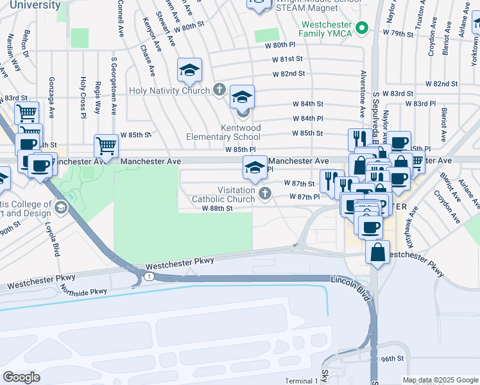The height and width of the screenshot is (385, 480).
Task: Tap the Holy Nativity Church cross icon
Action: tap(219, 90)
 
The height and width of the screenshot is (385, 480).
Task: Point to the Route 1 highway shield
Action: tap(148, 276)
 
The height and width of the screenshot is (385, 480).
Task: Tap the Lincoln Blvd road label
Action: tap(352, 289)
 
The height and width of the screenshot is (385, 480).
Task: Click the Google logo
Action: tap(21, 377)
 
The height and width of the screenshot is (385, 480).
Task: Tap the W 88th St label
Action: tap(216, 208)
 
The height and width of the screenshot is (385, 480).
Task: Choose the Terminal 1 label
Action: tap(300, 381)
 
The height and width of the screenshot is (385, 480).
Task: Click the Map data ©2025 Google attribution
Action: tap(440, 380)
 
